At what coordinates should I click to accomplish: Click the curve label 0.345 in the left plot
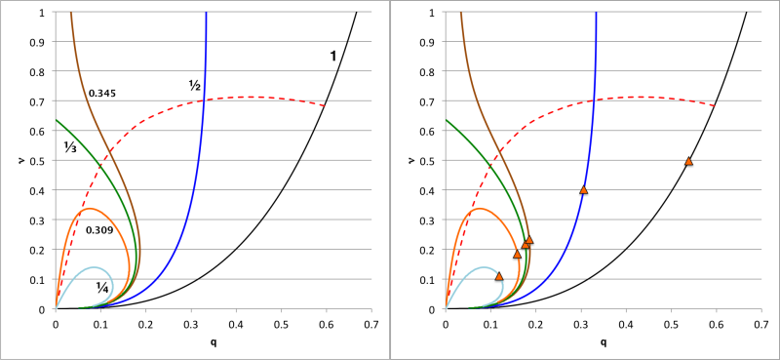tap(102, 94)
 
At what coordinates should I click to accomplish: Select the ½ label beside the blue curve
tap(194, 84)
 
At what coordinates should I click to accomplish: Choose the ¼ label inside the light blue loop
tap(101, 286)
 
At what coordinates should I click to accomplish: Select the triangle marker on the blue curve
tap(584, 189)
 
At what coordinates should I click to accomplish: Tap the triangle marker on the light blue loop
tap(499, 276)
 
